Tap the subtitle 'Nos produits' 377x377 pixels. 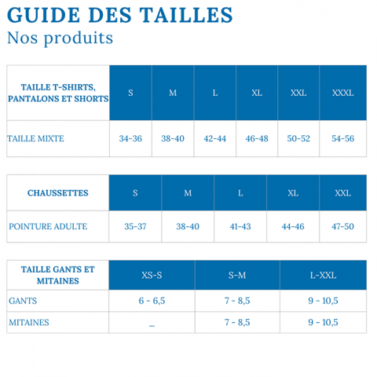pos(60,38)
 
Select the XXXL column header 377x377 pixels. pos(343,93)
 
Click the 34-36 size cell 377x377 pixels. pos(130,138)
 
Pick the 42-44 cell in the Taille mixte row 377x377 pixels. pos(214,138)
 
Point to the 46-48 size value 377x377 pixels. pos(257,138)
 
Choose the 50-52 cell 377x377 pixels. pos(298,138)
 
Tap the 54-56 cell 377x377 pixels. pos(343,138)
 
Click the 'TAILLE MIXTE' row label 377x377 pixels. pos(36,138)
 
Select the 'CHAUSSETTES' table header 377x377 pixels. pos(57,192)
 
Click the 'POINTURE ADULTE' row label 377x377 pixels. pos(48,226)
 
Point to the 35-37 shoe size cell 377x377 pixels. pos(135,226)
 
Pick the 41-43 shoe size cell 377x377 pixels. pos(240,226)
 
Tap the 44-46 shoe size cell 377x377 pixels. pos(293,226)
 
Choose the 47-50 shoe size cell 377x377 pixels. pos(343,226)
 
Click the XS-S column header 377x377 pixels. pos(152,275)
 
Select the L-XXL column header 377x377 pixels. pos(324,275)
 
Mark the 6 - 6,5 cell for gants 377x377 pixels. pos(152,301)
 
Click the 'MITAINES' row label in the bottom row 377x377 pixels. pos(29,322)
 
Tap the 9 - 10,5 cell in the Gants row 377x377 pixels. pos(324,301)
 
